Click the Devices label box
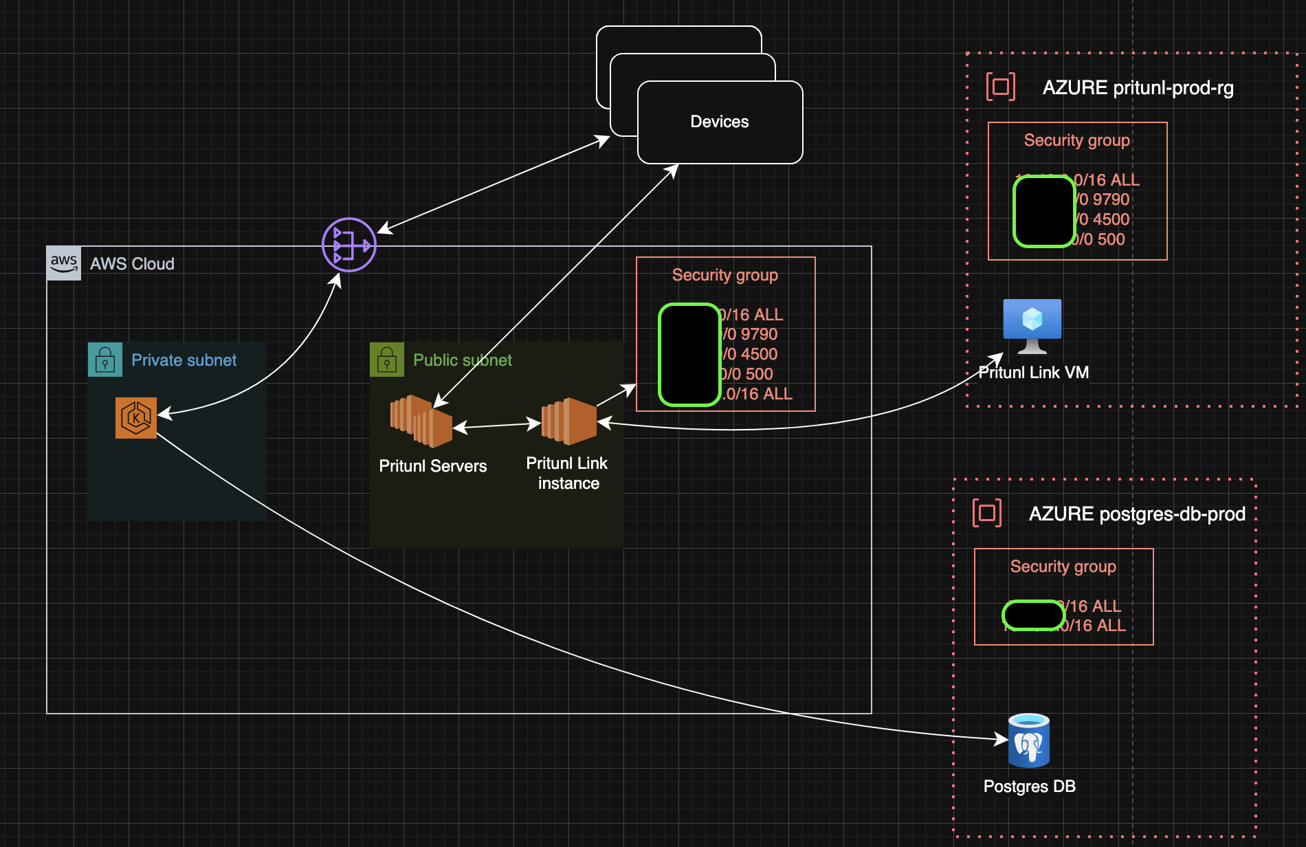click(720, 122)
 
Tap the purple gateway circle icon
click(349, 245)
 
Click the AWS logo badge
click(64, 263)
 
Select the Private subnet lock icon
click(105, 360)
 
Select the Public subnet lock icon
click(387, 360)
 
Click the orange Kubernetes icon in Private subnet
click(136, 417)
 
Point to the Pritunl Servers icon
click(421, 421)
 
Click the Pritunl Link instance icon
click(568, 421)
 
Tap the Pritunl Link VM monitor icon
click(1032, 326)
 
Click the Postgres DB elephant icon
click(1028, 741)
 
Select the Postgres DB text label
click(1029, 786)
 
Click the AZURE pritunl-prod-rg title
click(1138, 88)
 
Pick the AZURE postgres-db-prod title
click(1137, 514)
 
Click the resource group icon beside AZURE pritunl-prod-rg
click(1001, 87)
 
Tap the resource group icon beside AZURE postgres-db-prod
click(987, 513)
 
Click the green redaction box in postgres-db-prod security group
click(1033, 615)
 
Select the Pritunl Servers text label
click(433, 466)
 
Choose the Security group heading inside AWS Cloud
click(725, 275)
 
